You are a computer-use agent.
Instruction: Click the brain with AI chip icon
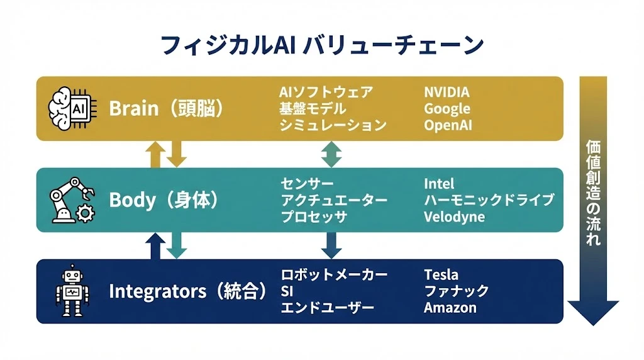[x=70, y=108]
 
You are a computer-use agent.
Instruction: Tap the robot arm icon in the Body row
[x=71, y=200]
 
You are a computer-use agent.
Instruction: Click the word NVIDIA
[x=447, y=93]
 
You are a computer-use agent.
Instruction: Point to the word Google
[x=447, y=109]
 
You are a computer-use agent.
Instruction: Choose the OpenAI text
[x=448, y=125]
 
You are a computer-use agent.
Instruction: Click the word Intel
[x=439, y=184]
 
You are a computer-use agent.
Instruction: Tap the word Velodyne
[x=454, y=217]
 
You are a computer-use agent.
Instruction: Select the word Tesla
[x=441, y=275]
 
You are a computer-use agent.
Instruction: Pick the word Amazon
[x=450, y=308]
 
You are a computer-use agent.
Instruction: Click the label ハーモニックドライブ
[x=489, y=200]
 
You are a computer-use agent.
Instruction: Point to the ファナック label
[x=456, y=291]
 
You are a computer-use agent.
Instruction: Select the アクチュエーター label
[x=333, y=200]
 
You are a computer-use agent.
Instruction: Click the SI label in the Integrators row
[x=287, y=291]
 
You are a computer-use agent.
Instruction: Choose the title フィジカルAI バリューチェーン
[x=322, y=45]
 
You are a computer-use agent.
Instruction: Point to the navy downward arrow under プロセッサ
[x=331, y=245]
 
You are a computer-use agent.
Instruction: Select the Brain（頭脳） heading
[x=167, y=108]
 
